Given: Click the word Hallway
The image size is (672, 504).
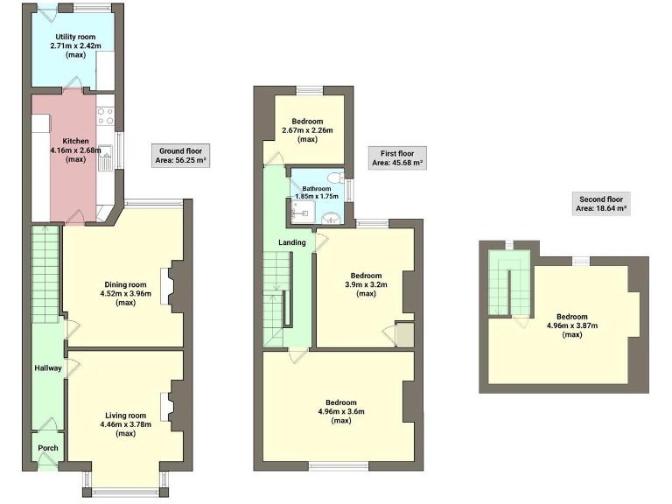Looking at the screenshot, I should (x=48, y=368).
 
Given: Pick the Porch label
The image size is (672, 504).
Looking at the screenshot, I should (x=47, y=450).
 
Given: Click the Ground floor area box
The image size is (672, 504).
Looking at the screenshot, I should (x=178, y=155).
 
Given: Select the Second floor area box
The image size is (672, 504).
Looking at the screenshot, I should (x=599, y=204).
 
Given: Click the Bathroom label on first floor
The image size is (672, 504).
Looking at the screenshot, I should (x=316, y=192).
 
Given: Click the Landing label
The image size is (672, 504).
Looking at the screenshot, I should (x=291, y=242).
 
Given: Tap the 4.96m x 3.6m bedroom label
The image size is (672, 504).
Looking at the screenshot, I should (x=335, y=411).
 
